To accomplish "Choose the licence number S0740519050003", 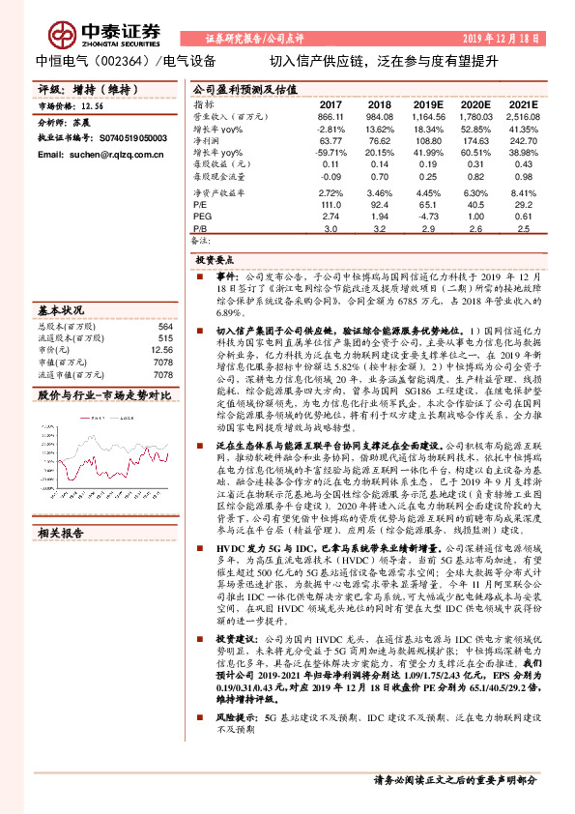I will [129, 139].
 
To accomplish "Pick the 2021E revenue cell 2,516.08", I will [520, 116].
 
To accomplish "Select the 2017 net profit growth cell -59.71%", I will [331, 153].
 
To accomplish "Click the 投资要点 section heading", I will [216, 260].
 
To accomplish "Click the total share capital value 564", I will [164, 327].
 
